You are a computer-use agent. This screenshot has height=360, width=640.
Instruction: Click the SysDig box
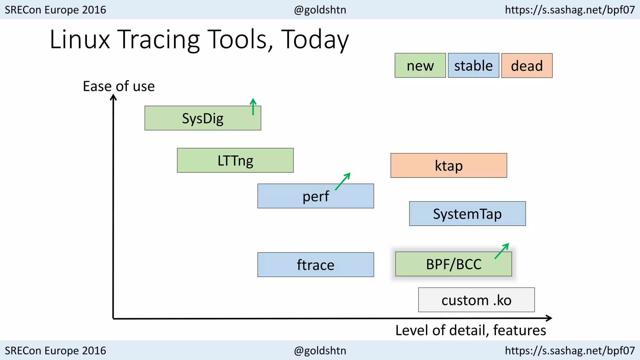[202, 118]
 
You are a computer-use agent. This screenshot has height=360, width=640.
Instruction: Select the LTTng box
[235, 160]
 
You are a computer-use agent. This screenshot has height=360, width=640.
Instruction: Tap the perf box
[315, 196]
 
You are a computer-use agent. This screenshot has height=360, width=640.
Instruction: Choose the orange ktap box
[449, 166]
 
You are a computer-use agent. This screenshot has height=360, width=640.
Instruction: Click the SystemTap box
[467, 214]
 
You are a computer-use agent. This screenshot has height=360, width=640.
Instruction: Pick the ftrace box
[315, 265]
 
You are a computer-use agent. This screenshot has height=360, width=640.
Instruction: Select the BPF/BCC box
[453, 264]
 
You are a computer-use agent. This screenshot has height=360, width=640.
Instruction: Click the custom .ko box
[476, 300]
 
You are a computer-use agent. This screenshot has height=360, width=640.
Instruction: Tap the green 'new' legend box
[420, 66]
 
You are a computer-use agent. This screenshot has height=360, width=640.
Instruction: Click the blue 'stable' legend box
[473, 66]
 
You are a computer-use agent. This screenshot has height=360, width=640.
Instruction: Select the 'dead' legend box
[527, 66]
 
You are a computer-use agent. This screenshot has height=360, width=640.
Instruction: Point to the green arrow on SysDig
[253, 107]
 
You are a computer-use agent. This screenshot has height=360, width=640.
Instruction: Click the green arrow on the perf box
[343, 181]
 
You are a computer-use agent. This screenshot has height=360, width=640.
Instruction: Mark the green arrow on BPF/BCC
[502, 251]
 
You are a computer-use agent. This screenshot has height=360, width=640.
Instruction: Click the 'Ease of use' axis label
[119, 86]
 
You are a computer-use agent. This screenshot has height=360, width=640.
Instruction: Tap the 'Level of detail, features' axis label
[470, 330]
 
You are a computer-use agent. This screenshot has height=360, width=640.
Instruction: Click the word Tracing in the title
[159, 40]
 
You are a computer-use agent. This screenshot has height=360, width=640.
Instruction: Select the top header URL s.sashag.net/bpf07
[570, 10]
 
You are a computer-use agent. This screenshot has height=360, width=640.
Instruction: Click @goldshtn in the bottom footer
[320, 351]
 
